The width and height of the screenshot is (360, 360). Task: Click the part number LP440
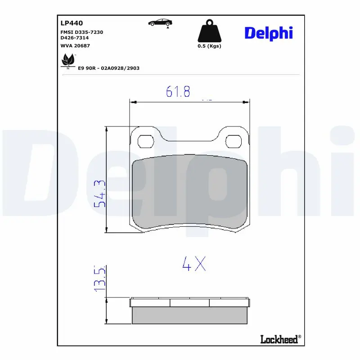click(x=72, y=23)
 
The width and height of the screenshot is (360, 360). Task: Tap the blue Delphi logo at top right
click(x=269, y=33)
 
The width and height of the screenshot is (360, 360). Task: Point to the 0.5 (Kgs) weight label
click(x=209, y=46)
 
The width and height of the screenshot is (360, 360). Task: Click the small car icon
click(x=160, y=22)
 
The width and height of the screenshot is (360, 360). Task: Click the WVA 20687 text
click(x=75, y=46)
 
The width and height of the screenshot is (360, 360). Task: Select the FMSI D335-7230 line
click(x=82, y=32)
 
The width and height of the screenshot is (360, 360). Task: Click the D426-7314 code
click(x=75, y=38)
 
